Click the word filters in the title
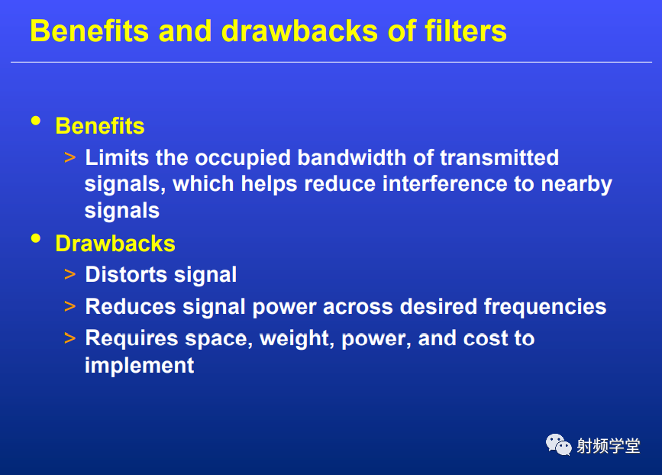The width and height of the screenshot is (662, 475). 465,31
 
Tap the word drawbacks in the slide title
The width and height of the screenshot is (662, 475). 300,31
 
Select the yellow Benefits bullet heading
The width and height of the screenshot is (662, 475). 100,126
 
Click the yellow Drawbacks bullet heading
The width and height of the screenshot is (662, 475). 115,244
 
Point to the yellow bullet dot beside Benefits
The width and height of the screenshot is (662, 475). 36,121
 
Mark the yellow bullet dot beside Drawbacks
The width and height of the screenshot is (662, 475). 36,238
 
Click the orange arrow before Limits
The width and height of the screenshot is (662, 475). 70,158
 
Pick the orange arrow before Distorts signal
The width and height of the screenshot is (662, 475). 70,274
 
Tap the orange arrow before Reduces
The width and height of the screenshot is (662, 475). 70,306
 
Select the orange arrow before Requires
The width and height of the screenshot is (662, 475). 70,338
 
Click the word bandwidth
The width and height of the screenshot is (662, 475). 352,157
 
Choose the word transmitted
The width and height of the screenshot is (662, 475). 499,157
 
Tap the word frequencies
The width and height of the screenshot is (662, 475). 545,307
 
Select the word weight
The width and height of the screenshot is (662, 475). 294,339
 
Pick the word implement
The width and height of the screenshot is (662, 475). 139,366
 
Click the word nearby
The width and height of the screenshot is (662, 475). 576,185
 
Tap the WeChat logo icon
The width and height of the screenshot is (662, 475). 558,444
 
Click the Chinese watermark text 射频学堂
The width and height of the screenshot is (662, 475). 609,446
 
